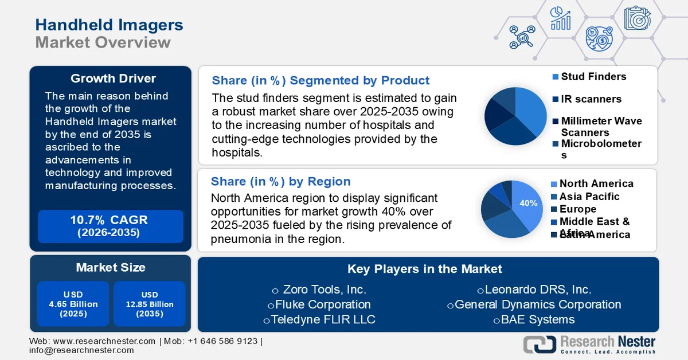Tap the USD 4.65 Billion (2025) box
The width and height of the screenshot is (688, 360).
73,304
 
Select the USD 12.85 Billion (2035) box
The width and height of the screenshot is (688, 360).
149,304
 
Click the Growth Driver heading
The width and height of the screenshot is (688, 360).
113,79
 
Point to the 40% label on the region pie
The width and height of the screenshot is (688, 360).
528,203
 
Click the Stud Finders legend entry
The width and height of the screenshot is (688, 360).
593,76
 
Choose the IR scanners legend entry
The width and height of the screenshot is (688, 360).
591,99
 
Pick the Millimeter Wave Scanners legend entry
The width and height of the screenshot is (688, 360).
601,126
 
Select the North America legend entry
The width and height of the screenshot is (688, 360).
596,183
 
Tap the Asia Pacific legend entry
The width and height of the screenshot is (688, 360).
589,196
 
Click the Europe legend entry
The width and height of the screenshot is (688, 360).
577,209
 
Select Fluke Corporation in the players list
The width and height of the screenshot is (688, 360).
319,304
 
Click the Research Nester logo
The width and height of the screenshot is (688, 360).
590,344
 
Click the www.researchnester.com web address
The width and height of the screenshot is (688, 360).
104,341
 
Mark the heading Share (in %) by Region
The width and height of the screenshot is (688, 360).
280,182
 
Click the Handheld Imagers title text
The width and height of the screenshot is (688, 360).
109,25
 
